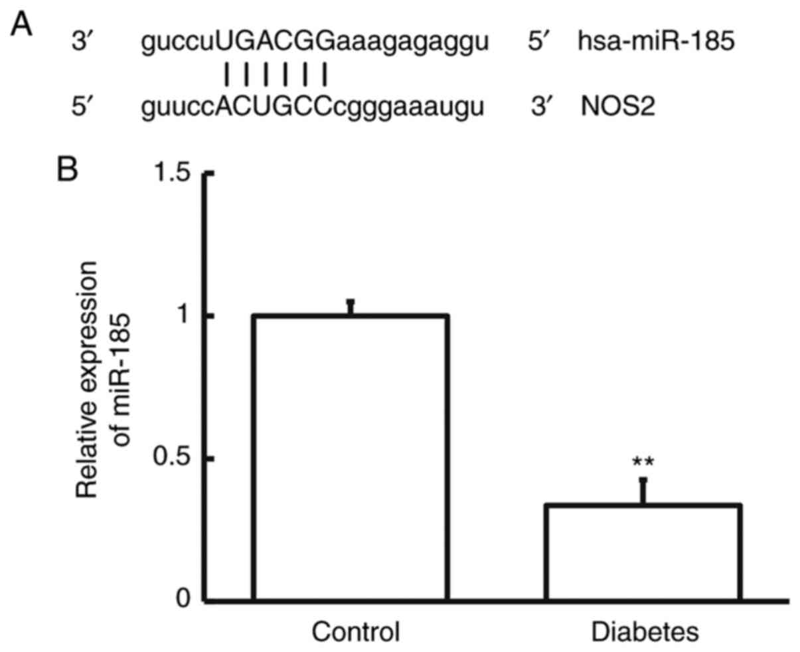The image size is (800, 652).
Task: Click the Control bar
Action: (x=351, y=458)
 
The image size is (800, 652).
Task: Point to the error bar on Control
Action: (x=351, y=307)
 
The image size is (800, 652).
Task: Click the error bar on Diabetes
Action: (x=643, y=491)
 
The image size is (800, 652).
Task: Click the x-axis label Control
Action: (x=356, y=631)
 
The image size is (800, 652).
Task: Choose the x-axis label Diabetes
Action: (x=645, y=631)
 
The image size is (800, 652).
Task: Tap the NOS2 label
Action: (x=617, y=106)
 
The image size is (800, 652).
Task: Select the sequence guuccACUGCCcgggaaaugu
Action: (x=312, y=106)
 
